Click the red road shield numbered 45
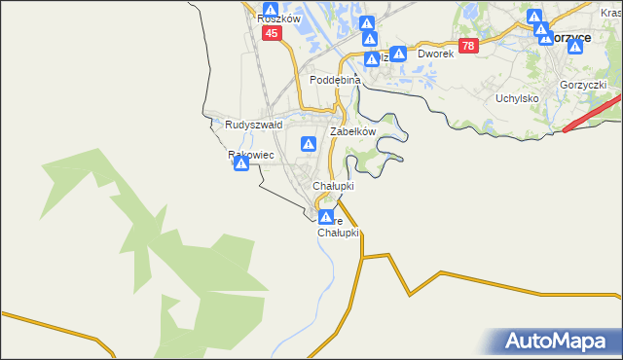coord(272,33)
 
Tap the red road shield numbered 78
coord(469,46)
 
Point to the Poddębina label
coord(335,80)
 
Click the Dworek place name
coord(436,54)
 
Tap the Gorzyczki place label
coord(583,86)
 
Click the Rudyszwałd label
coord(253,125)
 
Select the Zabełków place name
coord(352,131)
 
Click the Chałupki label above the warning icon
coord(333,185)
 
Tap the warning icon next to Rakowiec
coord(240,165)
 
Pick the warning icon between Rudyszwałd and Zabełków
coord(309,144)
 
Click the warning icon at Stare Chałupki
coord(327,217)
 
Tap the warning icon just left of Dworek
coord(398,54)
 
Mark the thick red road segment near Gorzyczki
coord(590,113)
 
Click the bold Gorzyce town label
coord(569,36)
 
